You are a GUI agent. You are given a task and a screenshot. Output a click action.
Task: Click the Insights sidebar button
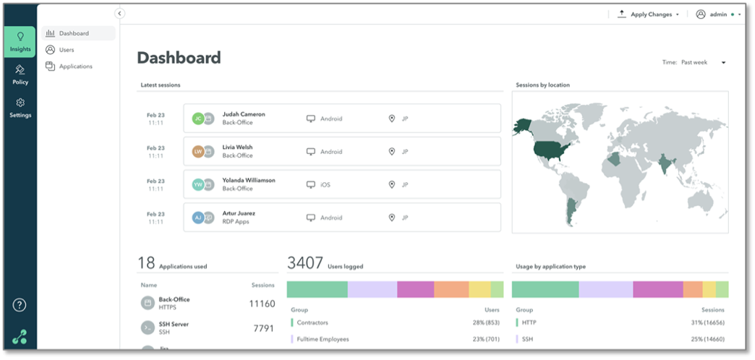(20, 41)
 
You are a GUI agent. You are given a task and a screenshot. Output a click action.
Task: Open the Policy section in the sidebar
(20, 74)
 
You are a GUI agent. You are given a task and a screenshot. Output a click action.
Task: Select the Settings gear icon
(20, 103)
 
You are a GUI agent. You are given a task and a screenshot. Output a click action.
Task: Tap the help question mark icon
(20, 305)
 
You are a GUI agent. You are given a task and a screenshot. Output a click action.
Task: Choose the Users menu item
(67, 50)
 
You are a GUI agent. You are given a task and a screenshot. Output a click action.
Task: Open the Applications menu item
(75, 67)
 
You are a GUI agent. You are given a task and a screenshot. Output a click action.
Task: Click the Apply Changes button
(648, 14)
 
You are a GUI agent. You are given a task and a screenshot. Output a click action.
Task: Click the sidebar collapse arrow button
(120, 14)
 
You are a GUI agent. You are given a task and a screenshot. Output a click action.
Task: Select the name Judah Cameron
(244, 114)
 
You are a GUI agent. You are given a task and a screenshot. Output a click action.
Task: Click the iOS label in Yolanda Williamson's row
(325, 185)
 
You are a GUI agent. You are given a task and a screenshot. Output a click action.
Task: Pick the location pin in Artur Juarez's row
(392, 218)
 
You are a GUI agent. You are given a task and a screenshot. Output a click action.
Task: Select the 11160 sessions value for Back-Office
(261, 304)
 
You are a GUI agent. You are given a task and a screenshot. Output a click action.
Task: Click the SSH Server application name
(174, 325)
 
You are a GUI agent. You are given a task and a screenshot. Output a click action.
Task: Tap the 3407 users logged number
(304, 263)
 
